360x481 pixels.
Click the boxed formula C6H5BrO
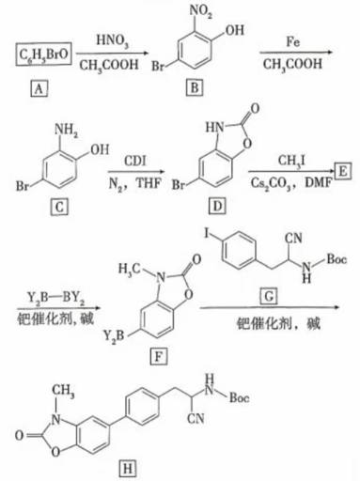tap(44, 54)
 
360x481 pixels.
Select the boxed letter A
tap(39, 89)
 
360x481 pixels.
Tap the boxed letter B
tap(195, 87)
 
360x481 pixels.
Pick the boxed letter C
tap(59, 207)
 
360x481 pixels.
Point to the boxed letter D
tap(217, 206)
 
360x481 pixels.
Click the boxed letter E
tap(343, 171)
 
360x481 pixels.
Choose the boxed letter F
tap(159, 357)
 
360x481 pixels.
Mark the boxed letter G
tap(269, 296)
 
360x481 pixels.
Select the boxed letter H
tap(128, 469)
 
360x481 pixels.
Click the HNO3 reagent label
tap(113, 41)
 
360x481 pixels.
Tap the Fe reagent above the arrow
tap(293, 41)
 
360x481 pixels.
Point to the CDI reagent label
tap(135, 161)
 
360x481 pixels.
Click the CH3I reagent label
tap(292, 161)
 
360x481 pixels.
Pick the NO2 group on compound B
tap(200, 11)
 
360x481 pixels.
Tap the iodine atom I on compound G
tap(207, 233)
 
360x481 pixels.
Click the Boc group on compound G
tap(337, 259)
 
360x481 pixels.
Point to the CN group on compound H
tap(196, 418)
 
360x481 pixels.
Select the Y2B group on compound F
tap(114, 336)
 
